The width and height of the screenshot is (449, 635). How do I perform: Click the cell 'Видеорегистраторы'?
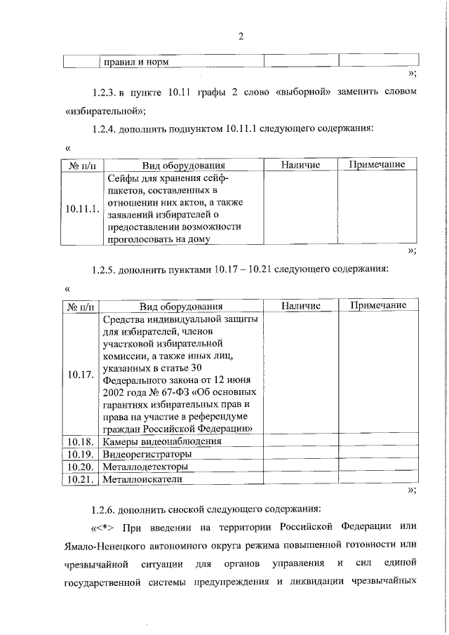pyautogui.click(x=147, y=454)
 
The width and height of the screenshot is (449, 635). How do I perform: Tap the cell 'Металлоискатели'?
pyautogui.click(x=142, y=479)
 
